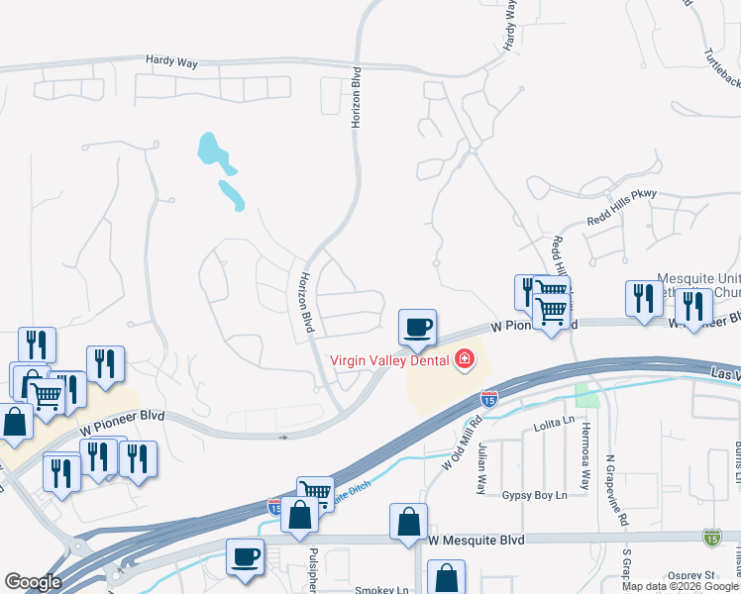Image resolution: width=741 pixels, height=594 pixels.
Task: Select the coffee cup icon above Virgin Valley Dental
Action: pos(417,326)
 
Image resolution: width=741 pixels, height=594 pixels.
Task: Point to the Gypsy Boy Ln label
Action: pos(534,494)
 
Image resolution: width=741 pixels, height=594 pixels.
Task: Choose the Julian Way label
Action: pos(482,468)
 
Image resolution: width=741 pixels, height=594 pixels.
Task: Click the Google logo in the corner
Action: pos(33,582)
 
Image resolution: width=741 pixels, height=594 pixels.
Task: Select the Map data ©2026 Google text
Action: pos(681,586)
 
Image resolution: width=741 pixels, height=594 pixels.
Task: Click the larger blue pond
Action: pos(211,149)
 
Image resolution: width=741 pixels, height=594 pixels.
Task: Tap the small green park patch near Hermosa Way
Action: pos(588,396)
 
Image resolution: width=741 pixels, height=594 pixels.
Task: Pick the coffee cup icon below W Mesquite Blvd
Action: pos(244,555)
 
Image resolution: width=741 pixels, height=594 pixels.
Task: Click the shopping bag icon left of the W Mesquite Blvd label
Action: pos(408,520)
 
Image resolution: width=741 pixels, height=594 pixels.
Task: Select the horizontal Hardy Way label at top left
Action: pos(171,62)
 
